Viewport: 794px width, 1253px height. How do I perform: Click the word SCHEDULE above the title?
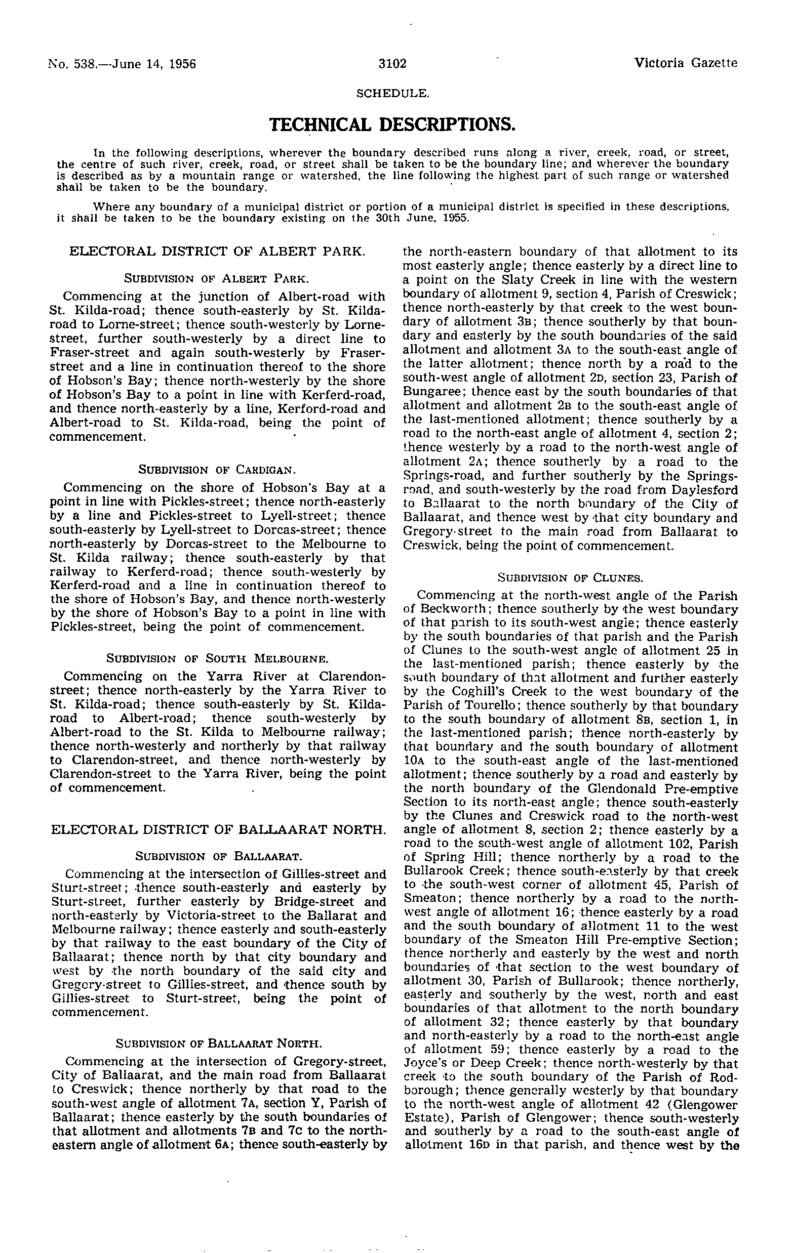[392, 94]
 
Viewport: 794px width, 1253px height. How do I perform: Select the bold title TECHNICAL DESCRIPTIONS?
[392, 124]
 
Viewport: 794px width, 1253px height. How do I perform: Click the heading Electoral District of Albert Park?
[217, 252]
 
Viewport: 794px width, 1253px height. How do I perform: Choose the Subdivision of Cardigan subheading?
[217, 470]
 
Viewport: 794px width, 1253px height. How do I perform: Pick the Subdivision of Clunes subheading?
[570, 577]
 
